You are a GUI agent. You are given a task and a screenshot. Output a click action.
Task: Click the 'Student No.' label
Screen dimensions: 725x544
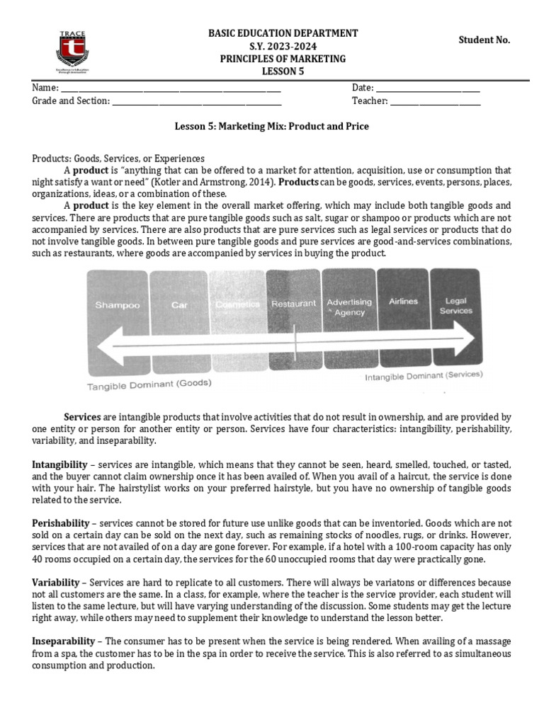tap(484, 40)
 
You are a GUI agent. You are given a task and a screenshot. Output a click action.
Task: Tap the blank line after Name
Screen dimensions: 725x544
tap(170, 89)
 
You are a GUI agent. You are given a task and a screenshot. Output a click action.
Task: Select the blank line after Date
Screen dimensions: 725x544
tap(427, 89)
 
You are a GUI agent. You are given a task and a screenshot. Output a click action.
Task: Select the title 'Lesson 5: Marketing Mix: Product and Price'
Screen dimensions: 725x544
tap(272, 127)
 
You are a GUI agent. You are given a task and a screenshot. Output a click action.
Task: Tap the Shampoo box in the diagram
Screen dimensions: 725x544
tap(118, 305)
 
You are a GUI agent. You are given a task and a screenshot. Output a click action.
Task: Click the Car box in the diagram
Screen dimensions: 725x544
tap(178, 305)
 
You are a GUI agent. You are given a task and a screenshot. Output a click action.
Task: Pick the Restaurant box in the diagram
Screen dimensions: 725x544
tap(293, 303)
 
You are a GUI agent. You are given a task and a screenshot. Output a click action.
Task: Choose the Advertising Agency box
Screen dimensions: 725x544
tap(348, 307)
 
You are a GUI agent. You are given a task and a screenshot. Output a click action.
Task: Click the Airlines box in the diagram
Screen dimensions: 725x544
tap(403, 301)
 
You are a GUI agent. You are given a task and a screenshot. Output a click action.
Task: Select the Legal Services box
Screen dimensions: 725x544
tap(455, 305)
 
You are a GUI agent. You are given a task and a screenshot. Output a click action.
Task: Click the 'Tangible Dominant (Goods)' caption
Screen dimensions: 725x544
tap(149, 384)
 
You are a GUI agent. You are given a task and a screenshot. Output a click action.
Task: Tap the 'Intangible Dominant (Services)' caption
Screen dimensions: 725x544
tap(424, 375)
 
